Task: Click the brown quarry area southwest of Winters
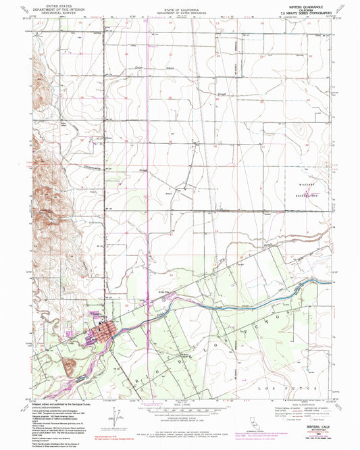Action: click(x=69, y=366)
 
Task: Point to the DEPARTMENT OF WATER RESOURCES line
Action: click(x=179, y=14)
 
